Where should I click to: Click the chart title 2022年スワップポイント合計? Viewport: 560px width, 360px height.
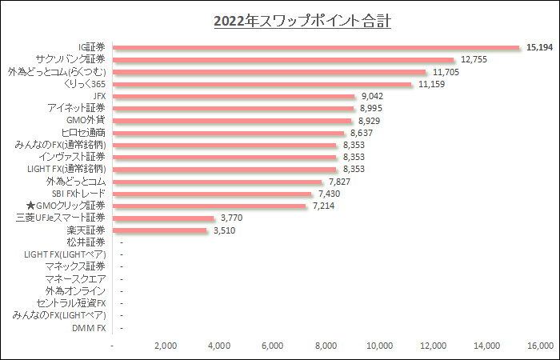click(302, 21)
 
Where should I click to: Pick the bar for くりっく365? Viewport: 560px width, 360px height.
click(263, 84)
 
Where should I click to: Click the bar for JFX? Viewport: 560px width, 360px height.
click(235, 96)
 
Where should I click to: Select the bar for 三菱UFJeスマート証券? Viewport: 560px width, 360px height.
click(165, 218)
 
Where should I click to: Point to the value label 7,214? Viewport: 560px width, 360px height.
click(325, 206)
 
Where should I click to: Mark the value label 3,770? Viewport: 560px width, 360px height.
click(232, 218)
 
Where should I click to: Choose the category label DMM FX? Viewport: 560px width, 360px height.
click(89, 328)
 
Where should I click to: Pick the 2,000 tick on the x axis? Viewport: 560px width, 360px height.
click(166, 346)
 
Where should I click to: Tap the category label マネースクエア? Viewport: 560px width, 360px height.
click(76, 279)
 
